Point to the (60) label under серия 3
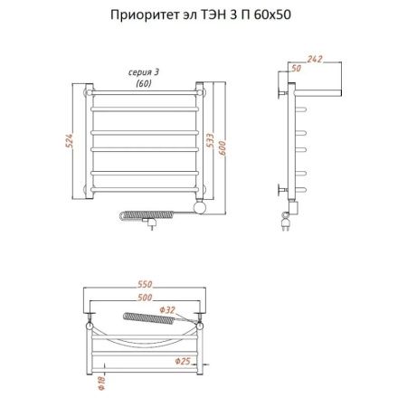tap(143, 83)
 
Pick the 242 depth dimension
tap(314, 60)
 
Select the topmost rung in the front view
tap(145, 93)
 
